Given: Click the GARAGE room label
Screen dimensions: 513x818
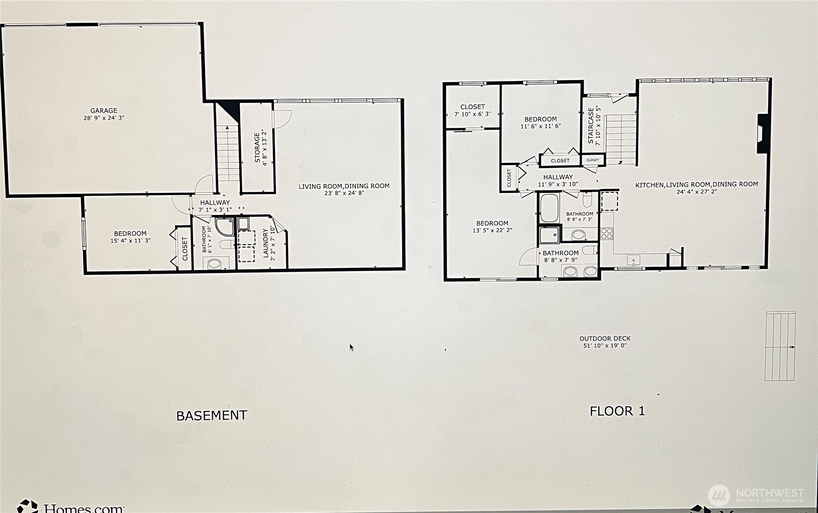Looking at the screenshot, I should click(x=104, y=111).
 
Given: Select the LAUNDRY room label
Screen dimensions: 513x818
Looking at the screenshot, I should click(x=266, y=243).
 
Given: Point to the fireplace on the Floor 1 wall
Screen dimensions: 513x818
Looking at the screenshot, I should click(x=762, y=133).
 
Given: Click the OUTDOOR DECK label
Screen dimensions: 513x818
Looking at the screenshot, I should click(x=605, y=338).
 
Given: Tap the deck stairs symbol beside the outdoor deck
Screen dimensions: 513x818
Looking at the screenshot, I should click(x=780, y=346).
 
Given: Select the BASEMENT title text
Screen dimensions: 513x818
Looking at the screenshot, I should click(x=211, y=415).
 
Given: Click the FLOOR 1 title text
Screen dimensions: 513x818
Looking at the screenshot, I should click(x=617, y=411).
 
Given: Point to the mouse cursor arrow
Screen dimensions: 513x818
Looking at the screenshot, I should click(x=351, y=347).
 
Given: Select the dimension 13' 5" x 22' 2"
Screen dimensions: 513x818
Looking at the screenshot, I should click(x=492, y=230).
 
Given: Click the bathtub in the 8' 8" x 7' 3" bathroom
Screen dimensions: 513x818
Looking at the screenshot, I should click(x=549, y=208).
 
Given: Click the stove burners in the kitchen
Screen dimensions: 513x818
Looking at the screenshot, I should click(x=607, y=233).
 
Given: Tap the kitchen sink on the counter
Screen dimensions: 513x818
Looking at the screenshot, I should click(x=633, y=260).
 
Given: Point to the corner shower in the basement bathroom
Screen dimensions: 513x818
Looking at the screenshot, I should click(x=225, y=227).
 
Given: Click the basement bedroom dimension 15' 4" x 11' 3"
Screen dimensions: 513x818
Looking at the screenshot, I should click(x=130, y=241).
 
